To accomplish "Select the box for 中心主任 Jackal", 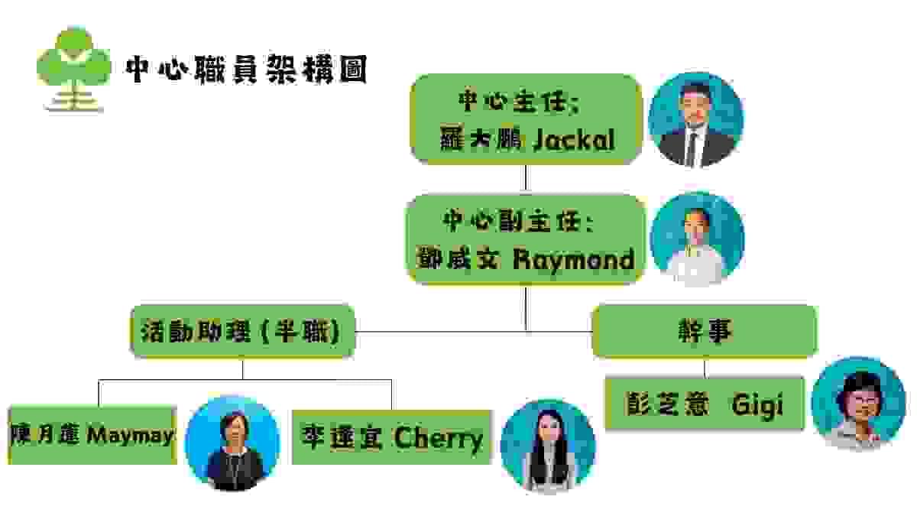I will pos(525,119).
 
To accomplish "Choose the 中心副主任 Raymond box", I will pos(524,239).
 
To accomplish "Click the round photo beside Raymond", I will pos(696,239).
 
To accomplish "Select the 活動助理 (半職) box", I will pos(243,331).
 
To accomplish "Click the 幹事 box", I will pos(704,331).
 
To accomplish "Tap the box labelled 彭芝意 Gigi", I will pos(704,403).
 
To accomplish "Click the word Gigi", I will pos(757,405).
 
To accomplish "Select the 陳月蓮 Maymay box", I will pos(92,435).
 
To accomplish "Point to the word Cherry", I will pos(439,438).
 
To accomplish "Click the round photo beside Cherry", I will pos(547,445).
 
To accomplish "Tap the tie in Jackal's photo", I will pos(691,145).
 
